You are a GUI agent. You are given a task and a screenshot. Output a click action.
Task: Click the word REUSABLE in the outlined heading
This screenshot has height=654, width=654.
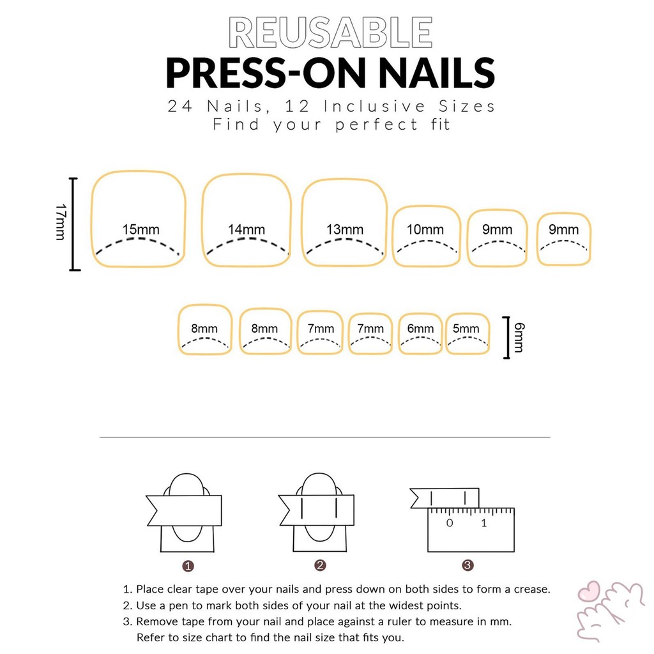click(x=330, y=33)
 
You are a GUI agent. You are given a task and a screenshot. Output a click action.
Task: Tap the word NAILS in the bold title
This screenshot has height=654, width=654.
click(x=436, y=73)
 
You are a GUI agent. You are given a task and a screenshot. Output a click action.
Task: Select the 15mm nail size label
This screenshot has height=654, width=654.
click(x=141, y=229)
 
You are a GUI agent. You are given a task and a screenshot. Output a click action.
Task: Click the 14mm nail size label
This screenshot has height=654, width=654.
click(x=246, y=229)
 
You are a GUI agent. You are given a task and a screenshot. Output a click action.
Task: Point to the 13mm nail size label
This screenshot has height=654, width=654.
click(x=344, y=229)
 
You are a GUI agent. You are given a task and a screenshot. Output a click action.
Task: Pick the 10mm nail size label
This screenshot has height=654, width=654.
click(x=425, y=229)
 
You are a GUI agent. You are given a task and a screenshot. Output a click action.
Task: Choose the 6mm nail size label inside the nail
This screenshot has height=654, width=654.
click(x=420, y=329)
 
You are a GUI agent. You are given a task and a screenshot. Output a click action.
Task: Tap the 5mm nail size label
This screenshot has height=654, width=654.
click(x=466, y=329)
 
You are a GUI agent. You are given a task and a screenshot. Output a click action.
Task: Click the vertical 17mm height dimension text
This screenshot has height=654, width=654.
click(x=61, y=222)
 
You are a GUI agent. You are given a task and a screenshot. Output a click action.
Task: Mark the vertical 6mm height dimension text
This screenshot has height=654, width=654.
click(x=519, y=337)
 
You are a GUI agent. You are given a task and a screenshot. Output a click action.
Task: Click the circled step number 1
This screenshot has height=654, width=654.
click(x=188, y=566)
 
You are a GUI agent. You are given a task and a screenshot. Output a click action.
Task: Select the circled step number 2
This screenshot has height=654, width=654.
click(x=320, y=566)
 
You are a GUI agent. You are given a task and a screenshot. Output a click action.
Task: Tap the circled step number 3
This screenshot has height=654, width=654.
click(x=468, y=566)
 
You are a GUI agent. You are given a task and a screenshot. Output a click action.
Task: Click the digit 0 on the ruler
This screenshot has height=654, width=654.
click(x=449, y=523)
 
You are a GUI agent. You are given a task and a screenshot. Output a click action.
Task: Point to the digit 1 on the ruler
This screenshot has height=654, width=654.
click(x=484, y=523)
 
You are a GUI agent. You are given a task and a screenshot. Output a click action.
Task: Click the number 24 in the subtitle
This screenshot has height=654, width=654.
click(x=179, y=107)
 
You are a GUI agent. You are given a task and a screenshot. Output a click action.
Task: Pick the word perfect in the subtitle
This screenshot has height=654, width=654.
click(x=377, y=125)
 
